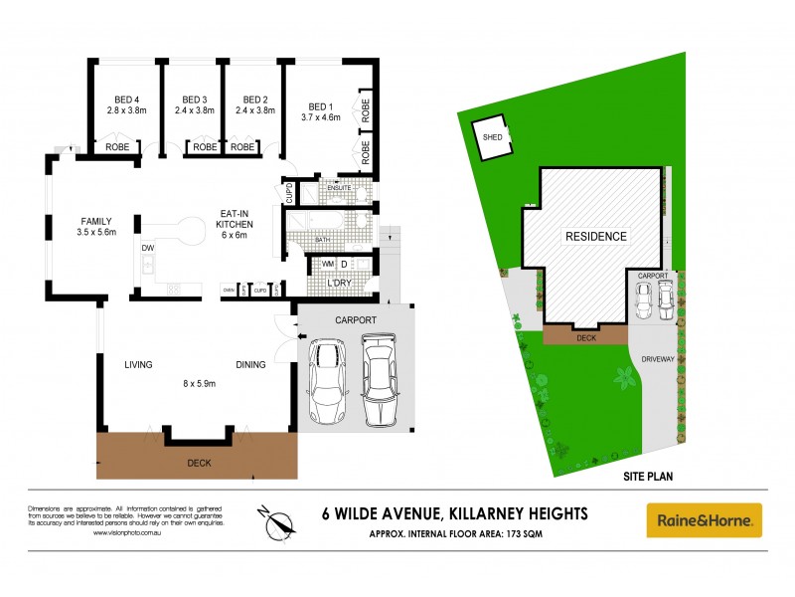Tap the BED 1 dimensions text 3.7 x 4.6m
[320, 117]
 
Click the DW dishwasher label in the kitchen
[147, 248]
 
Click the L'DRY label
[340, 286]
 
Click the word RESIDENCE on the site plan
[596, 237]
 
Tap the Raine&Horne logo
[704, 519]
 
